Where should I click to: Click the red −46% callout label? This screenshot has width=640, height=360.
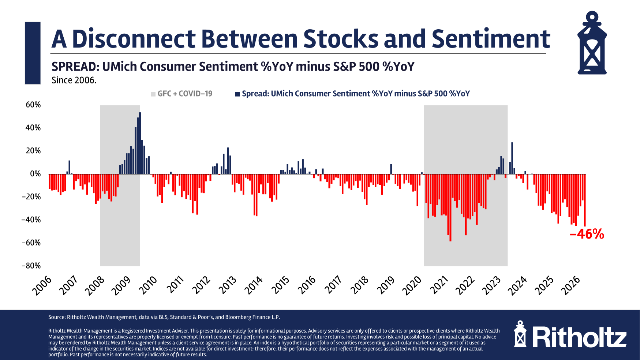(x=587, y=234)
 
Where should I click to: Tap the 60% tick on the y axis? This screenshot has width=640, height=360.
(x=33, y=105)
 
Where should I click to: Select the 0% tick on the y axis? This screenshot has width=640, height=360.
(x=35, y=174)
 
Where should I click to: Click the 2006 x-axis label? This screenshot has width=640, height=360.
(x=42, y=286)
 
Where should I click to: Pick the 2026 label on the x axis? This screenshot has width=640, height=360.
(x=571, y=286)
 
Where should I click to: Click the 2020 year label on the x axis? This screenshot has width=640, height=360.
(x=412, y=286)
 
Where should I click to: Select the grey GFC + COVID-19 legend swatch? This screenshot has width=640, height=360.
(x=153, y=94)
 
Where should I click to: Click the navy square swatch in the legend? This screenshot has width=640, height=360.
(x=237, y=94)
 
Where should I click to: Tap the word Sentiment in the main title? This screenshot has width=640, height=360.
(x=491, y=39)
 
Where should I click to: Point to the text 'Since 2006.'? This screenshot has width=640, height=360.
(x=74, y=80)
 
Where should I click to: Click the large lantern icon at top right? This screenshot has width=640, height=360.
(x=592, y=43)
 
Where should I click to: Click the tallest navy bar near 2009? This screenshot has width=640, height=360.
(x=140, y=143)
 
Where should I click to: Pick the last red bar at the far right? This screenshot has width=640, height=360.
(x=585, y=200)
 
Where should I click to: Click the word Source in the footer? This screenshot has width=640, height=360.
(x=57, y=317)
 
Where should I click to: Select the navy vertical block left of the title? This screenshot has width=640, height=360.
(x=33, y=53)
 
